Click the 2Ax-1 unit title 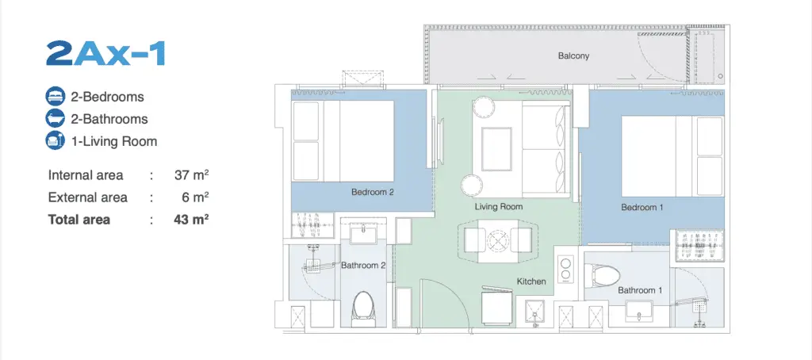pos(105,53)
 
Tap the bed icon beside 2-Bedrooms pos(55,97)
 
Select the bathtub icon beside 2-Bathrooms pos(55,119)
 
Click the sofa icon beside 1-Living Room pos(55,141)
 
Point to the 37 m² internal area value pos(192,175)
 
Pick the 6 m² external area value pos(197,197)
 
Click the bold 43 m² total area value pos(192,220)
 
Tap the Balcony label pos(573,56)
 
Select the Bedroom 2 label pos(373,192)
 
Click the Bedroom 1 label pos(642,207)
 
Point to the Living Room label pos(499,207)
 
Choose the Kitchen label pos(531,281)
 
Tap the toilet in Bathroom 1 pos(601,275)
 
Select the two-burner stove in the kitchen pos(565,268)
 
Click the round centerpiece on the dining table pos(498,240)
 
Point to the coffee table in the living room pos(496,148)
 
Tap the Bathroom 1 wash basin pos(641,312)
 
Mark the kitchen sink pos(534,313)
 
